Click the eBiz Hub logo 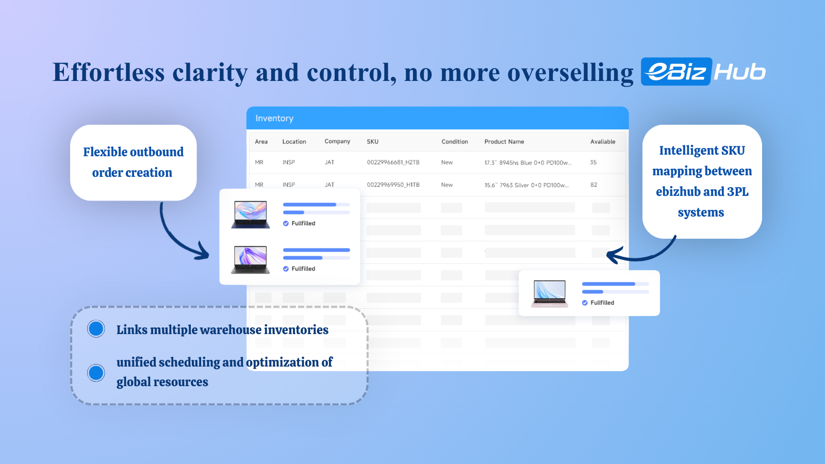703,72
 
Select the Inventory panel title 274,118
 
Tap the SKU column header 372,142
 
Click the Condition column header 454,142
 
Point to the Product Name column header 504,142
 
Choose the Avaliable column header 603,142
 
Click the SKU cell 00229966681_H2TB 393,162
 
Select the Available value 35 593,162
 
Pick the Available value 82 593,185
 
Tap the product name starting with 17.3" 528,163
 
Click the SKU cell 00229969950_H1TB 393,185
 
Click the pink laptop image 550,293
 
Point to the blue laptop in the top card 251,214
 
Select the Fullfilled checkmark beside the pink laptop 585,303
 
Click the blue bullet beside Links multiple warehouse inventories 96,329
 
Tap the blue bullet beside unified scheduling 96,373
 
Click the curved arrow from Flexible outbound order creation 170,239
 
